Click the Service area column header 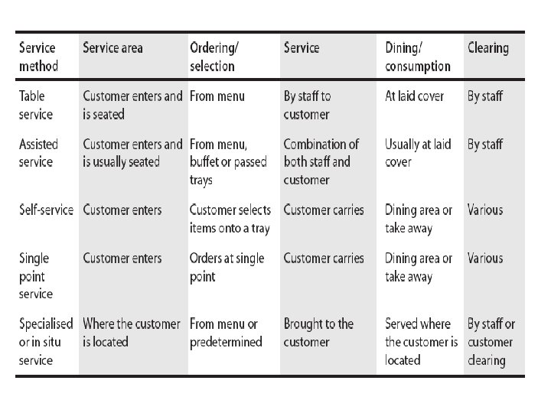[112, 47]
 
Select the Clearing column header [488, 48]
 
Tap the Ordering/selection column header [214, 57]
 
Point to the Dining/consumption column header [418, 57]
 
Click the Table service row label [36, 105]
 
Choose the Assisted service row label [38, 153]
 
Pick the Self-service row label [46, 210]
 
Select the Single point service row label [36, 276]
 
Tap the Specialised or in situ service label [46, 342]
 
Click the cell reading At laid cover [414, 96]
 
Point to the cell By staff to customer [307, 105]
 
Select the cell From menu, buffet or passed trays [228, 162]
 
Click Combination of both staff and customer [321, 162]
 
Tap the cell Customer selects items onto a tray [230, 220]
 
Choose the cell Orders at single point [227, 267]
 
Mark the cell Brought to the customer [318, 333]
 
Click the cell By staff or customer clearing [491, 342]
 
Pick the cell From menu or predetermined [226, 333]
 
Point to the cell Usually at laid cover [418, 153]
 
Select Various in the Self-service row [485, 210]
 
